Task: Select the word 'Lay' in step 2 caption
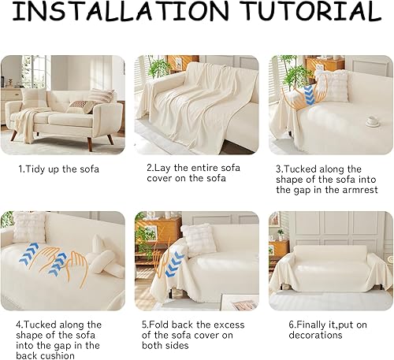point(164,169)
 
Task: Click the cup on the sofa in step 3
point(372,121)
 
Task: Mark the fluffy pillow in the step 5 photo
point(197,237)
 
